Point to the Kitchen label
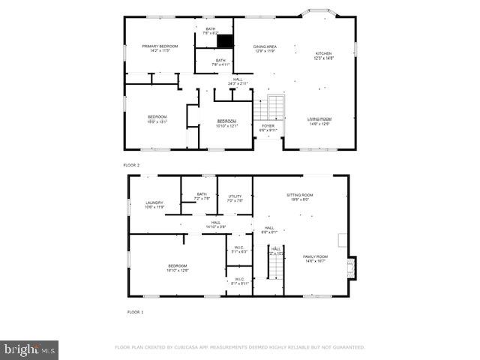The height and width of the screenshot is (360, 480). (323, 55)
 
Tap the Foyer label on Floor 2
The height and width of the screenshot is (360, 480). (268, 127)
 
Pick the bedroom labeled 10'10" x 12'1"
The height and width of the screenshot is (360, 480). (226, 123)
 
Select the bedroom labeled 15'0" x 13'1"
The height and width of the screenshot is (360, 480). (157, 118)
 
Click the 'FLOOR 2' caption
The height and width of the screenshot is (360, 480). (131, 165)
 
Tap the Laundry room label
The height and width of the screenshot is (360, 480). (154, 204)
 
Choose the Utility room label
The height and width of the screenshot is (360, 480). (235, 198)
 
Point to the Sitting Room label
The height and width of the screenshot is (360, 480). (299, 197)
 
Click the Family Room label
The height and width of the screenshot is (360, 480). (315, 258)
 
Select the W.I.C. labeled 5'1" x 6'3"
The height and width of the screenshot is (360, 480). (239, 250)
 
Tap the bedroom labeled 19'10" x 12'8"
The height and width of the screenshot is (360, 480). (178, 268)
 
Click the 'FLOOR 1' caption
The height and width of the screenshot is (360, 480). (135, 311)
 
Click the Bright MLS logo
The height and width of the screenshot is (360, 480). (29, 349)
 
